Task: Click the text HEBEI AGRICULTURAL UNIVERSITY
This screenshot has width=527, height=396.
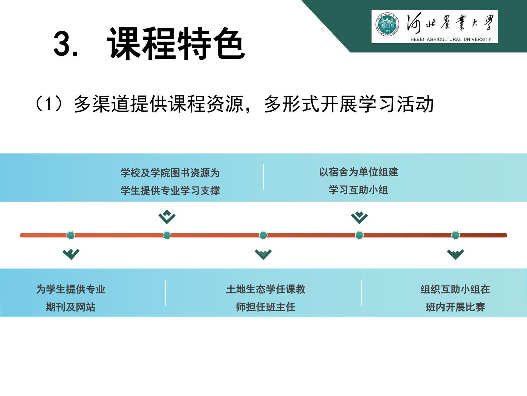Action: tap(451, 39)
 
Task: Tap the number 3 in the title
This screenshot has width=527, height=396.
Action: tap(62, 44)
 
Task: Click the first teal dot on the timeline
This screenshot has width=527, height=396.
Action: tap(70, 235)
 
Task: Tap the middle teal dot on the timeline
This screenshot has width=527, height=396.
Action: tap(263, 235)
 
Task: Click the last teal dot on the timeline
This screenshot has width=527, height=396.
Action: tap(456, 235)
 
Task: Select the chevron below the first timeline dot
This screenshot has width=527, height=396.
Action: tap(71, 254)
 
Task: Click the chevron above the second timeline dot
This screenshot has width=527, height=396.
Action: tap(167, 217)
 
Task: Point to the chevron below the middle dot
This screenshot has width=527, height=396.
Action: tap(263, 254)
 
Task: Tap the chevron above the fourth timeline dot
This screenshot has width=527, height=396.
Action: tap(359, 217)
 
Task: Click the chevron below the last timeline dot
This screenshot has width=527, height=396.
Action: tap(456, 254)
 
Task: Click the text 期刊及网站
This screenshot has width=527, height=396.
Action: tap(70, 307)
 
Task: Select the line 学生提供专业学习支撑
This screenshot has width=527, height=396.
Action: tap(170, 191)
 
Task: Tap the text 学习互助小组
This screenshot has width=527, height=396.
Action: tap(359, 190)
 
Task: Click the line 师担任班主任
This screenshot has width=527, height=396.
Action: tap(265, 307)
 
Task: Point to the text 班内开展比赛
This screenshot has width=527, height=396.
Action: tap(455, 307)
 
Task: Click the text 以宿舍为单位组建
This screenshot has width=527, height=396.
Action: tap(359, 172)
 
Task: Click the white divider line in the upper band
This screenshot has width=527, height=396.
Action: tap(263, 177)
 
